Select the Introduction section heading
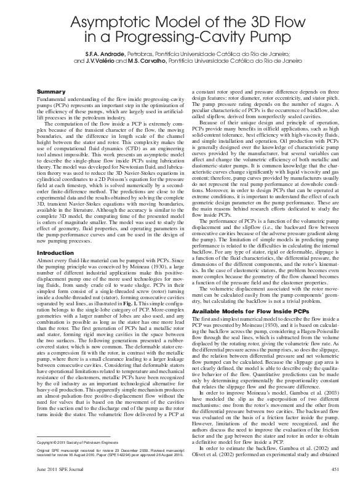pos(55,253)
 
